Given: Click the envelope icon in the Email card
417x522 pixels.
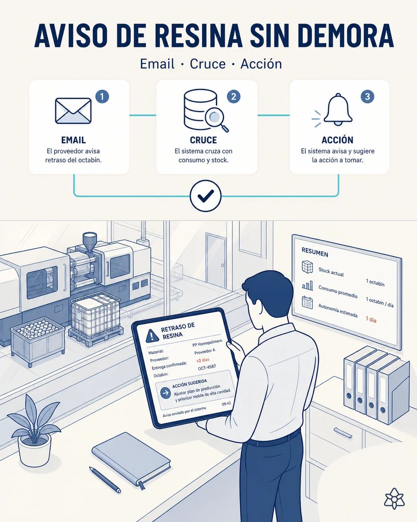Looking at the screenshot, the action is pos(73,110).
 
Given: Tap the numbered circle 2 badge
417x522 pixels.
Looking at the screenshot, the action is pos(234,97).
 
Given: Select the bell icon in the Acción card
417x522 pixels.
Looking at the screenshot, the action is pos(338,109).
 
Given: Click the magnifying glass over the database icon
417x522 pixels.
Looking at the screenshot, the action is pos(216,119).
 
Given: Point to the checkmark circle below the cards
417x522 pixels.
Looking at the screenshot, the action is pos(205,196).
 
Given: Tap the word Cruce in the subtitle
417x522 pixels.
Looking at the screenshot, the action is pos(208,64).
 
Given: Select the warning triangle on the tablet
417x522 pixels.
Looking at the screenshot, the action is pos(152,336).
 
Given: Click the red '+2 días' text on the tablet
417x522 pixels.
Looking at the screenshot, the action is pos(203,360).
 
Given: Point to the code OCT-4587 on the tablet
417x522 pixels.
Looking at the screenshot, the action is pos(207,368).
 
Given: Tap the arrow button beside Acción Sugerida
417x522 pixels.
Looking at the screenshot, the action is pos(166,393).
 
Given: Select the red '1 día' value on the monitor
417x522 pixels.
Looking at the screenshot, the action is pos(371,319).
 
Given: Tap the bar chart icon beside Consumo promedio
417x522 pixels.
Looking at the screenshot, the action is pos(308,285).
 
